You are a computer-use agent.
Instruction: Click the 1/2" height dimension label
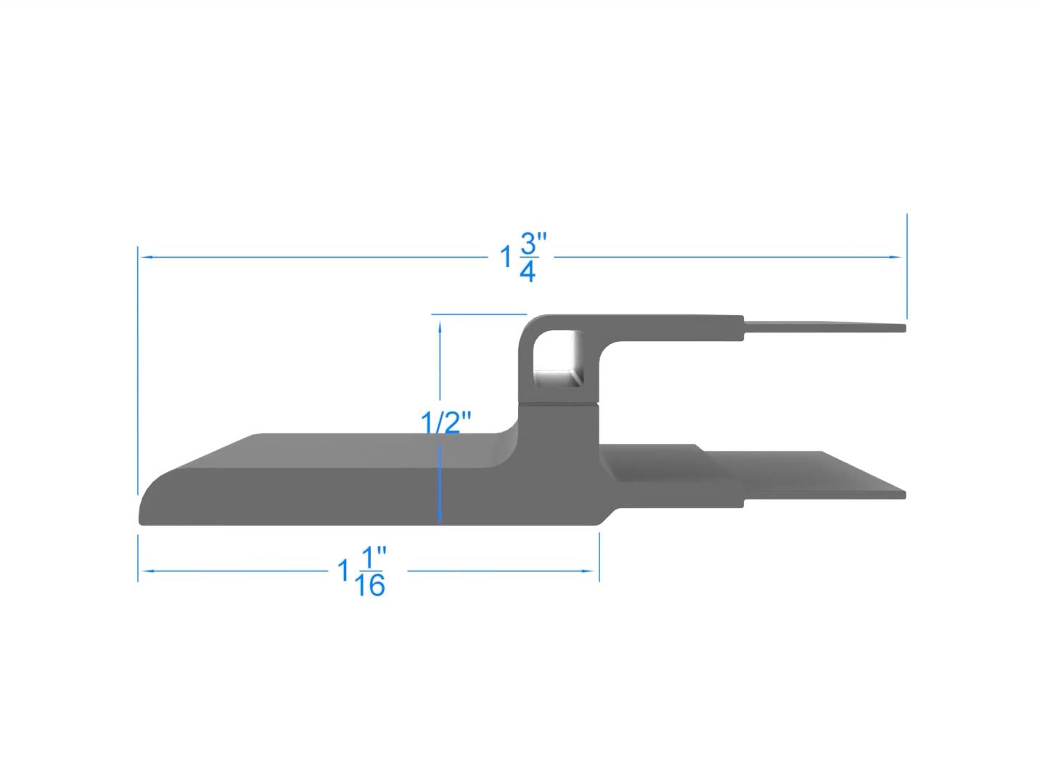click(x=446, y=422)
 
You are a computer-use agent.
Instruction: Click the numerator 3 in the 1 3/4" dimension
click(x=528, y=244)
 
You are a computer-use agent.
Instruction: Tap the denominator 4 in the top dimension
click(x=528, y=271)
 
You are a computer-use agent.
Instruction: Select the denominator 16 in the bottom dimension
click(x=369, y=585)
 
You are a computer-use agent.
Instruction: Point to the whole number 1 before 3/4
click(x=507, y=257)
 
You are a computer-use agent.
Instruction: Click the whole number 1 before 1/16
click(x=343, y=571)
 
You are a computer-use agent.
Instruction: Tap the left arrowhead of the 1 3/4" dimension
click(x=147, y=257)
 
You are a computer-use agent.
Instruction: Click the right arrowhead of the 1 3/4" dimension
click(x=896, y=257)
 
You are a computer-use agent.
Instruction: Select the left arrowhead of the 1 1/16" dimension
click(x=147, y=571)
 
